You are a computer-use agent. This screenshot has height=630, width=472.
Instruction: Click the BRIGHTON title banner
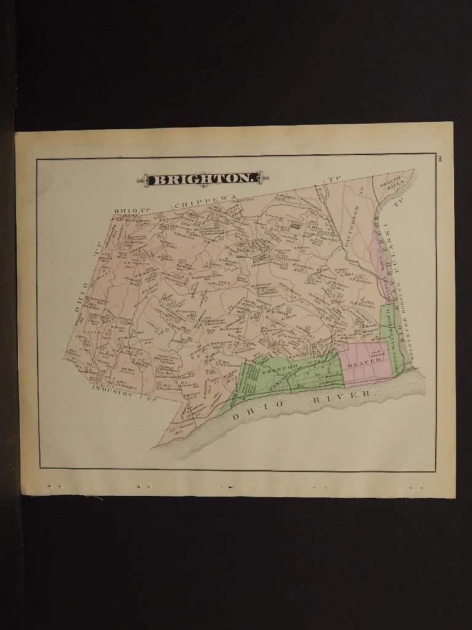[203, 179]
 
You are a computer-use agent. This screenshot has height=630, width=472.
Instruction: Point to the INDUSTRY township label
[113, 391]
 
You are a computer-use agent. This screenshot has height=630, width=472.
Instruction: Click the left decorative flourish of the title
[146, 179]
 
